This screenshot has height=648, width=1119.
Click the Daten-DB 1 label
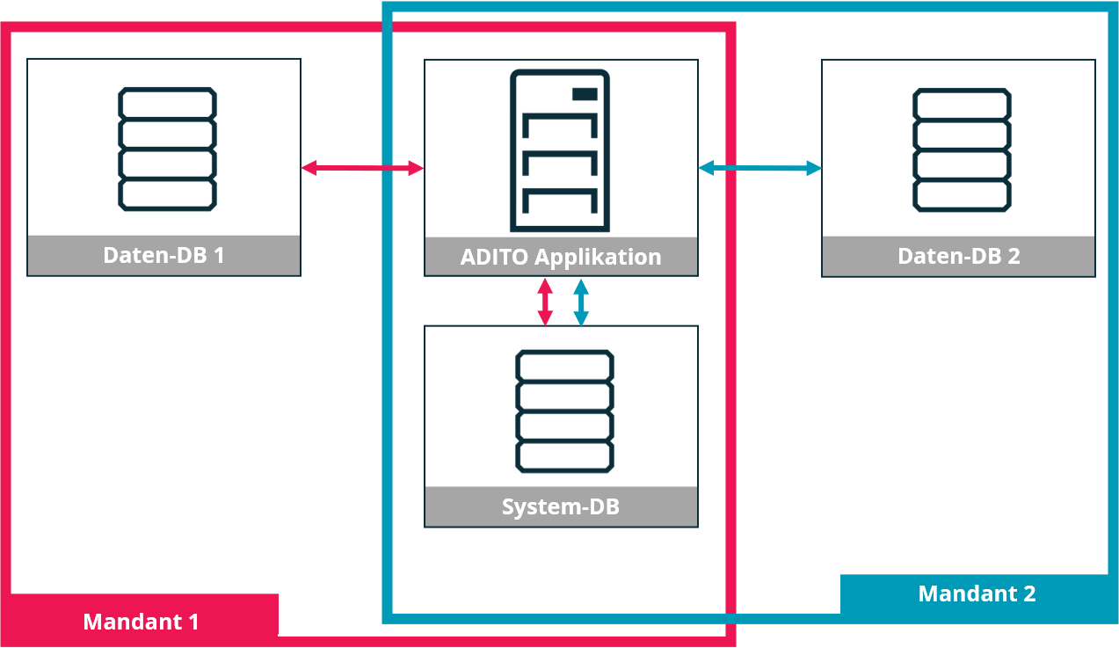click(163, 255)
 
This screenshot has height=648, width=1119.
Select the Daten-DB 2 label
click(958, 256)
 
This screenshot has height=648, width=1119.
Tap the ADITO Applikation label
click(561, 257)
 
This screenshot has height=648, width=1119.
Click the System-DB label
click(561, 506)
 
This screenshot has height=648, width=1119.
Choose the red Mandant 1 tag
click(141, 622)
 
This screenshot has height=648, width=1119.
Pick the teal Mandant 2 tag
click(977, 593)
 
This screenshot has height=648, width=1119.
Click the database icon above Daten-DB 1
click(167, 149)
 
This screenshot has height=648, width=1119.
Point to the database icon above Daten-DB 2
click(962, 149)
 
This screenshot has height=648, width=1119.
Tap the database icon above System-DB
click(563, 410)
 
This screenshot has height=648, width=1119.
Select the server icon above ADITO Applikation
click(560, 150)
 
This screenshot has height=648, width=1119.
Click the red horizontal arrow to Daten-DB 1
click(362, 167)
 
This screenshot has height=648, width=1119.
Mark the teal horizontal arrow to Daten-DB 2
click(759, 167)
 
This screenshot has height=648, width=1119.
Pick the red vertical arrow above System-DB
click(545, 302)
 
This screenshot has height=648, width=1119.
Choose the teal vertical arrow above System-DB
click(581, 302)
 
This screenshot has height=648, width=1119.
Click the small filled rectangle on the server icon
click(585, 94)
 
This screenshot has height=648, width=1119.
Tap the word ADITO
click(494, 257)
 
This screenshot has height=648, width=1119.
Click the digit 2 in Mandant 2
click(1028, 593)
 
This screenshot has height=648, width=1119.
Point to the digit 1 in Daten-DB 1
click(219, 255)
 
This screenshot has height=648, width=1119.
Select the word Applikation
click(598, 257)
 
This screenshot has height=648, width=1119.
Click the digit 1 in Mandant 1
click(193, 622)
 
